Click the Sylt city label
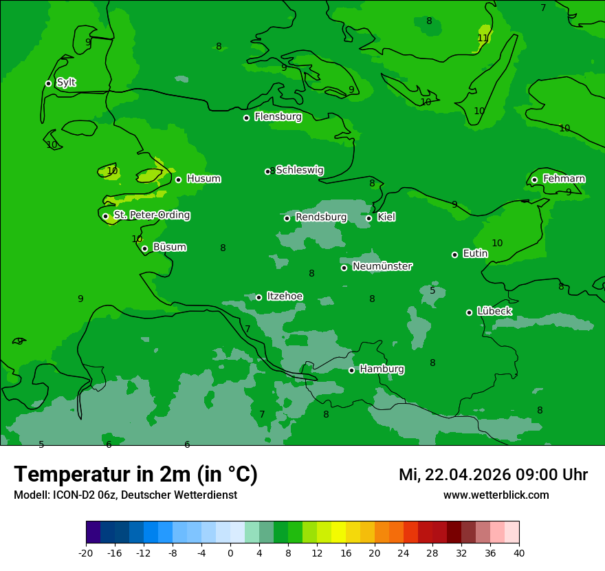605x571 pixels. (66, 83)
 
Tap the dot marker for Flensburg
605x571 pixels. (246, 118)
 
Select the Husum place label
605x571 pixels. (203, 179)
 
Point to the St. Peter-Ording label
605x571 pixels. (151, 215)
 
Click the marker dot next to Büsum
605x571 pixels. (144, 248)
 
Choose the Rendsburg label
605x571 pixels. (321, 217)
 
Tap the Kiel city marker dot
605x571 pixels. (368, 218)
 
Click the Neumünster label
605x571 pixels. (382, 266)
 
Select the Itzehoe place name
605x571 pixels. (285, 297)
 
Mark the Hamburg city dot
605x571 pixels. (351, 370)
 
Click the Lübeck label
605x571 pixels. (494, 312)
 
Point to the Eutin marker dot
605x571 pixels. (454, 255)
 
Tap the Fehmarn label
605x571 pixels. (564, 179)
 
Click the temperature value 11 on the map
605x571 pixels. (483, 38)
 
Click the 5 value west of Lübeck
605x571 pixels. (432, 290)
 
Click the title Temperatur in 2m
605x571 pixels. (135, 475)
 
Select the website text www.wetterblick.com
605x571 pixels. (496, 495)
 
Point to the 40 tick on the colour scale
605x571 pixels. (518, 552)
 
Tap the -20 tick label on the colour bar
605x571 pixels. (86, 552)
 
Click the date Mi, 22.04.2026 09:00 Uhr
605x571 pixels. (493, 475)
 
